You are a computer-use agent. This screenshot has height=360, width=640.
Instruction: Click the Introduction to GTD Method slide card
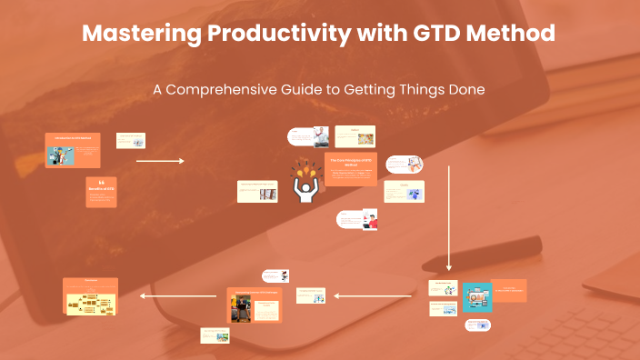pos(73,150)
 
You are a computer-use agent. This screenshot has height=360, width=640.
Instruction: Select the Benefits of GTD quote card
pos(101,192)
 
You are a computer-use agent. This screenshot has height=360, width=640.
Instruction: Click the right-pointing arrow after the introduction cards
pos(160,161)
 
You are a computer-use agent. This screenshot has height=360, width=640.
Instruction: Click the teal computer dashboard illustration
pos(476,295)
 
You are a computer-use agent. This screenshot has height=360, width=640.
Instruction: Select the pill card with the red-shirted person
pos(356,220)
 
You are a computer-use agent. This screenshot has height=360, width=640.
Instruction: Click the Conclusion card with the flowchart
pos(91,296)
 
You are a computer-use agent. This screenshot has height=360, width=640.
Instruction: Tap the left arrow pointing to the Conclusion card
pos(178,295)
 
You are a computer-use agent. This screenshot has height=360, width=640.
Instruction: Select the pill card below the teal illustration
pos(478,325)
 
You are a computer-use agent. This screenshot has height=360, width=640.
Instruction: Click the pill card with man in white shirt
pos(308,136)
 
